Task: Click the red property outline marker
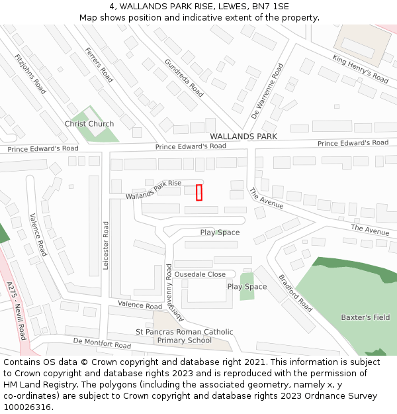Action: pyautogui.click(x=198, y=192)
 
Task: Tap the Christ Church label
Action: pyautogui.click(x=89, y=124)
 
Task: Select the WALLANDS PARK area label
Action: pyautogui.click(x=243, y=136)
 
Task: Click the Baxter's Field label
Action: pyautogui.click(x=365, y=317)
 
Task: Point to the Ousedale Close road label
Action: pyautogui.click(x=200, y=274)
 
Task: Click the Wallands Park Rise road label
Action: pyautogui.click(x=154, y=189)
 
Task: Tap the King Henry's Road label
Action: pyautogui.click(x=360, y=69)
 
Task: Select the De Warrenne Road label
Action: pyautogui.click(x=267, y=91)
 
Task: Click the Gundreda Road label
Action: pyautogui.click(x=184, y=78)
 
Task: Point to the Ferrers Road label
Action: pyautogui.click(x=99, y=65)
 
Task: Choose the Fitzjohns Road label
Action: pyautogui.click(x=30, y=74)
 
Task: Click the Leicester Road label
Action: pyautogui.click(x=106, y=245)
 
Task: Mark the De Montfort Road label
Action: pyautogui.click(x=102, y=342)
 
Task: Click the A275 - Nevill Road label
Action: pyautogui.click(x=17, y=309)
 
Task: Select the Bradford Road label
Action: pyautogui.click(x=295, y=293)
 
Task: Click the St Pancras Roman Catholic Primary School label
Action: pyautogui.click(x=185, y=336)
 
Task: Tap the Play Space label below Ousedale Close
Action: pyautogui.click(x=247, y=287)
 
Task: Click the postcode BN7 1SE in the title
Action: pyautogui.click(x=271, y=6)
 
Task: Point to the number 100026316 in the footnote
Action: pyautogui.click(x=28, y=407)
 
